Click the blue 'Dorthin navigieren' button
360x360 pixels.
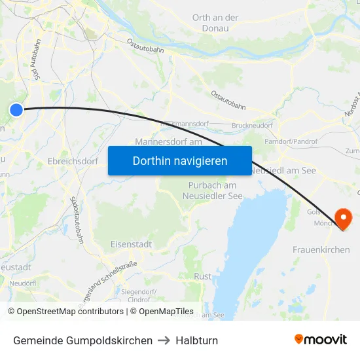[179, 160]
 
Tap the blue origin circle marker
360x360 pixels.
[16, 110]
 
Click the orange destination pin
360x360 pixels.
[342, 218]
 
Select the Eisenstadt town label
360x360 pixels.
[131, 244]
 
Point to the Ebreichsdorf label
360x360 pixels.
[73, 160]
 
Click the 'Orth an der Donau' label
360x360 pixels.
[215, 23]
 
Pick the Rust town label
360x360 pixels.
[202, 276]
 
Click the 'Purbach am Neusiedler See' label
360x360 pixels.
[212, 190]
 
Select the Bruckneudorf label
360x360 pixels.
[252, 125]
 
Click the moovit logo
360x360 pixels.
[320, 340]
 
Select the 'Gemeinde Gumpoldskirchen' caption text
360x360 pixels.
[82, 340]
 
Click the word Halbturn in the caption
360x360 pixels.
[198, 340]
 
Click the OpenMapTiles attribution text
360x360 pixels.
[166, 312]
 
